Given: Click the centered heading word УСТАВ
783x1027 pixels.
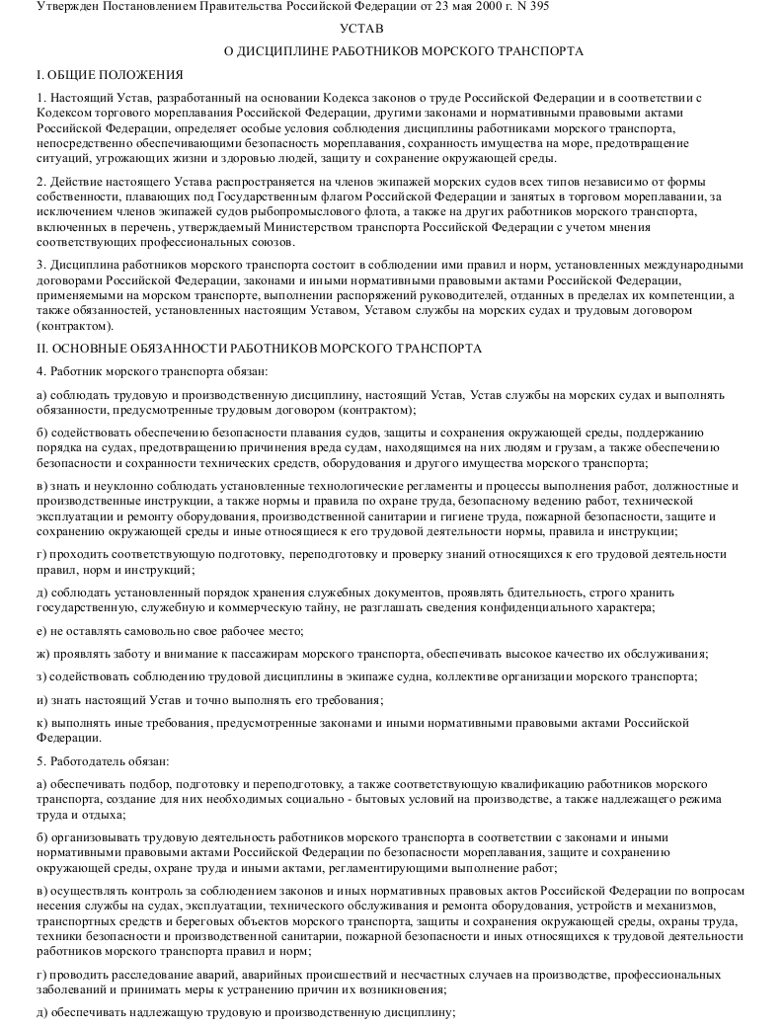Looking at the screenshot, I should coord(361,29).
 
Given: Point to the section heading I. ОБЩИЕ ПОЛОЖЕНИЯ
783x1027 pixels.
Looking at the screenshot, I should coord(109,74).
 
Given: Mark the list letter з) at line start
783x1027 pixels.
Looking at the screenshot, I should coord(39,677).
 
